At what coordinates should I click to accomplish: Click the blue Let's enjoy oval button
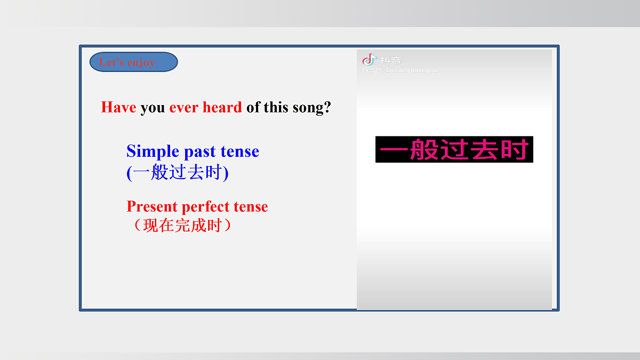click(x=134, y=62)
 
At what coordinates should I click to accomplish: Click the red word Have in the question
click(x=118, y=107)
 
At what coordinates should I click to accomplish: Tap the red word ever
click(x=184, y=107)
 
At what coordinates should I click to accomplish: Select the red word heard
click(x=222, y=107)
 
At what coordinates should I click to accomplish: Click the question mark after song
click(x=327, y=107)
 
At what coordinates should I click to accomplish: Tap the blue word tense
click(x=239, y=151)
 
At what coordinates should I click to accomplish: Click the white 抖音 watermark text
click(x=391, y=60)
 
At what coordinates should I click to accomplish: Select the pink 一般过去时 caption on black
click(x=454, y=150)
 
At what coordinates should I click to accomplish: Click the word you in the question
click(x=153, y=108)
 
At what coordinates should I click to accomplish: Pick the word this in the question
click(x=276, y=107)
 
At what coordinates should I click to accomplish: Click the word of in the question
click(x=253, y=107)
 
